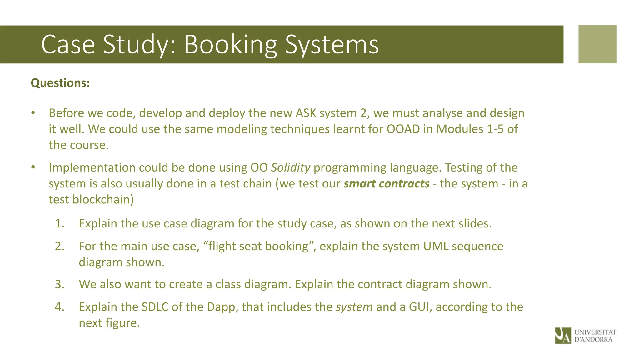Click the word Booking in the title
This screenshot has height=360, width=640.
231,45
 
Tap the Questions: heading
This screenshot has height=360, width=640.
60,83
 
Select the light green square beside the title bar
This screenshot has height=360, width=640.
597,44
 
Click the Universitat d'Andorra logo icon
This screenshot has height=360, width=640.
563,336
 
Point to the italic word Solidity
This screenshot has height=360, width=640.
290,168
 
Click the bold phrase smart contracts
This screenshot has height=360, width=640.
386,184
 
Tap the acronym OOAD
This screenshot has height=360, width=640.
403,129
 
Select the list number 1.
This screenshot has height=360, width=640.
59,224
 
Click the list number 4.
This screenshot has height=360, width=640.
59,307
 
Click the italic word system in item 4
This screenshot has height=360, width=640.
354,307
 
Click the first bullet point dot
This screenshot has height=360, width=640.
33,113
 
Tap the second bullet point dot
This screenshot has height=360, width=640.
33,167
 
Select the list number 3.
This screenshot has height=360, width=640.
59,284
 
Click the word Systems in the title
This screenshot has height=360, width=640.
332,45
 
